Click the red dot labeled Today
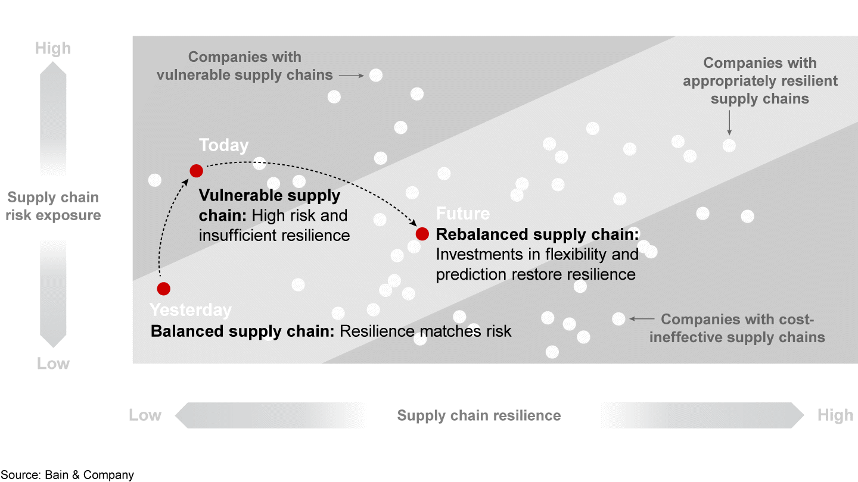coord(196,171)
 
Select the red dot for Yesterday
coord(164,289)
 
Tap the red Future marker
coord(422,234)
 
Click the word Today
coord(223,145)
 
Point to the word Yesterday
coord(191,310)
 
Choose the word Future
coord(463,214)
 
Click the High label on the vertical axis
coord(53,48)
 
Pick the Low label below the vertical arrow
coord(53,364)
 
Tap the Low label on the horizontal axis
coord(145,415)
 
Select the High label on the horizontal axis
coord(835,415)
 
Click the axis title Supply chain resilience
coord(479,415)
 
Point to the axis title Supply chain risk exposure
coord(53,206)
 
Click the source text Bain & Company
coord(67,475)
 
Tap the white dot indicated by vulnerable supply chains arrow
coord(375,75)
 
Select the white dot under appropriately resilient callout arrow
coord(729,145)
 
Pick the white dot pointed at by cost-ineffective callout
coord(618,319)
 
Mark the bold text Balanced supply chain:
coord(243,331)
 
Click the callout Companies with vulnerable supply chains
coord(244,66)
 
